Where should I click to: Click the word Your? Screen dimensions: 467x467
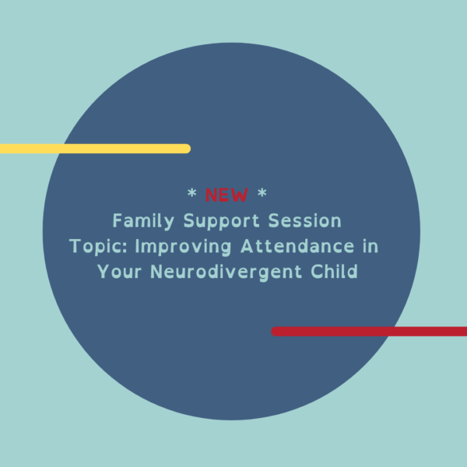pyautogui.click(x=118, y=272)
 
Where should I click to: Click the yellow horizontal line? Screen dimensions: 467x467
pyautogui.click(x=93, y=149)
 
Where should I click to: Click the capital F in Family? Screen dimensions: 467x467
pyautogui.click(x=117, y=221)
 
